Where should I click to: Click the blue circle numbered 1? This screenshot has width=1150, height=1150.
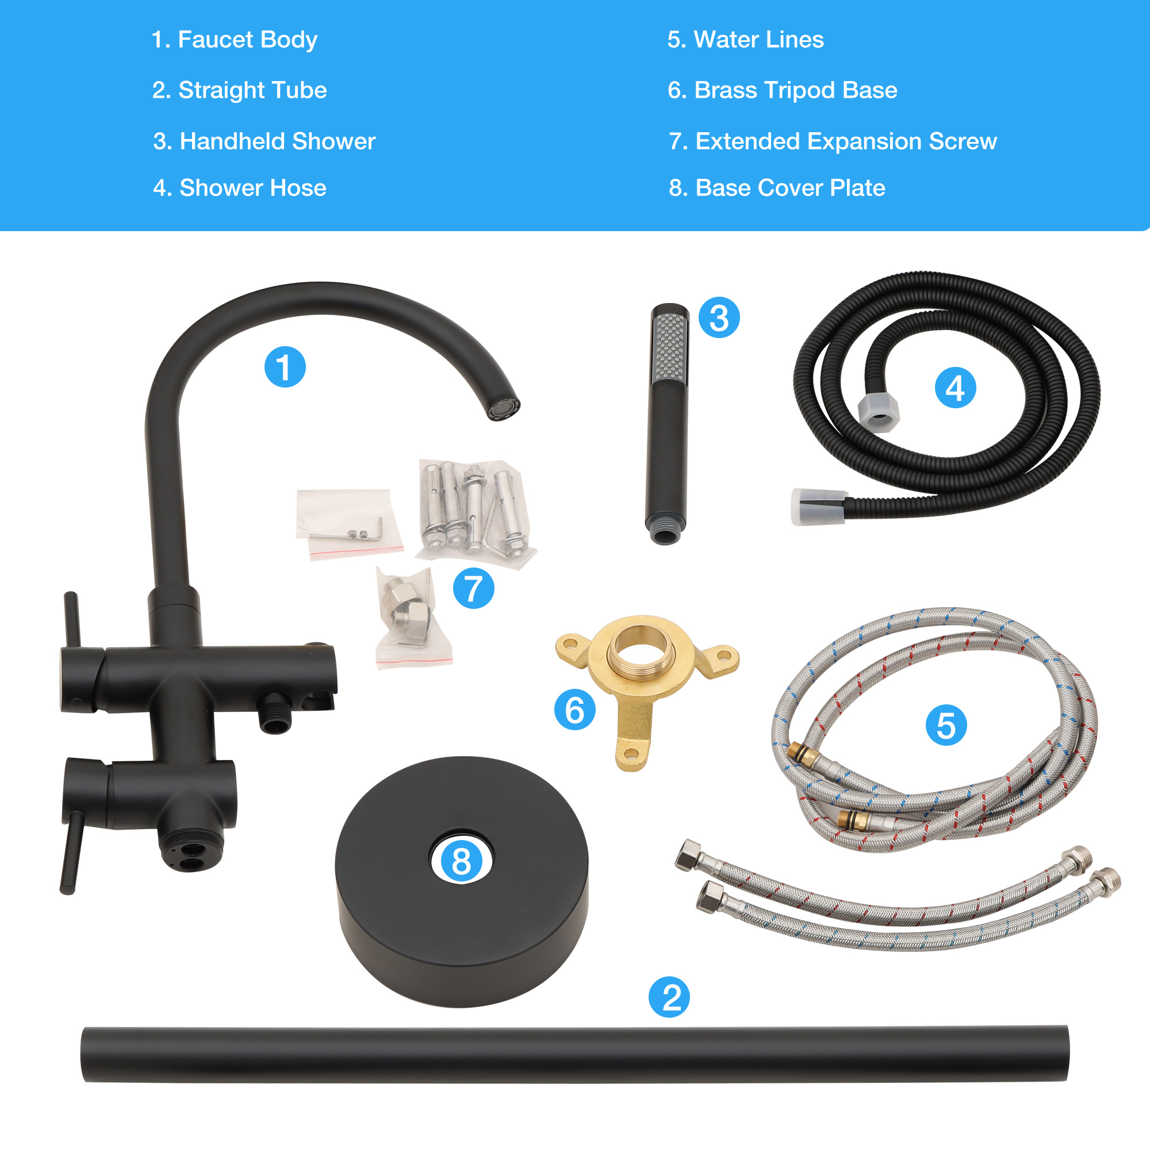pyautogui.click(x=285, y=367)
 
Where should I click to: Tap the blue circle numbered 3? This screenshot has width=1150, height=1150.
pyautogui.click(x=719, y=318)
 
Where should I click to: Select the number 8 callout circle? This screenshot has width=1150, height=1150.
pyautogui.click(x=461, y=861)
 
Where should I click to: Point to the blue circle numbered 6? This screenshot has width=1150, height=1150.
pyautogui.click(x=574, y=710)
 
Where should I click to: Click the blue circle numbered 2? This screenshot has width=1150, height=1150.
pyautogui.click(x=669, y=997)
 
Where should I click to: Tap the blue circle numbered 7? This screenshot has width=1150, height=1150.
pyautogui.click(x=473, y=588)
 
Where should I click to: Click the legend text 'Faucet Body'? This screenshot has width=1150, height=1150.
pyautogui.click(x=248, y=40)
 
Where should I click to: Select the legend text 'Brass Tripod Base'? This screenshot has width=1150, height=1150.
pyautogui.click(x=796, y=90)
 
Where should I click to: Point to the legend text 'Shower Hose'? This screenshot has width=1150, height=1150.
pyautogui.click(x=253, y=188)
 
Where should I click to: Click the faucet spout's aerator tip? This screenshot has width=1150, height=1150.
pyautogui.click(x=504, y=408)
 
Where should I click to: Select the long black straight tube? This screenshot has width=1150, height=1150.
pyautogui.click(x=575, y=1053)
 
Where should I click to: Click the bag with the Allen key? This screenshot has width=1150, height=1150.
pyautogui.click(x=349, y=524)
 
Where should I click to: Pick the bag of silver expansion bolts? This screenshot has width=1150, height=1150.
pyautogui.click(x=475, y=513)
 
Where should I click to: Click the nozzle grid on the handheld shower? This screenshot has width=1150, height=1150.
pyautogui.click(x=670, y=349)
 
